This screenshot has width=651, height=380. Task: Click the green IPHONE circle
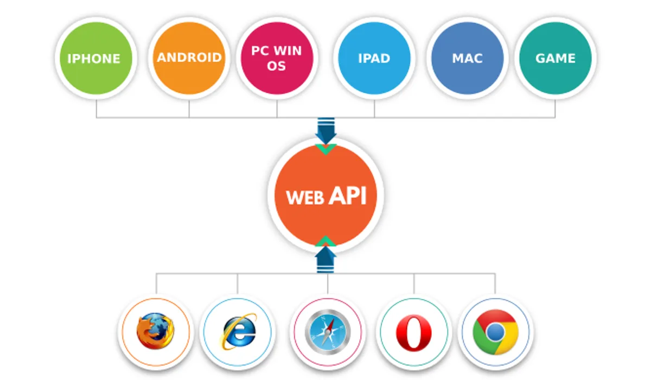(96, 58)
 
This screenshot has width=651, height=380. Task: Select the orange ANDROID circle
(189, 58)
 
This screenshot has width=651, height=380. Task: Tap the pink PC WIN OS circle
(277, 58)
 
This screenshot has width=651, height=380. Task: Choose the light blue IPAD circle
(374, 58)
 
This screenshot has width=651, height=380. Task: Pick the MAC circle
(467, 58)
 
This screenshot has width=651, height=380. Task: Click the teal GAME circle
(556, 58)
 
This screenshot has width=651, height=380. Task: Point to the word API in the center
(348, 195)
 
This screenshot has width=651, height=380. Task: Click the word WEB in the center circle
(305, 198)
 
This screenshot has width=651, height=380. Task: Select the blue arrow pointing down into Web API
(326, 131)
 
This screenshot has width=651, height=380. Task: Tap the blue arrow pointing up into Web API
(325, 259)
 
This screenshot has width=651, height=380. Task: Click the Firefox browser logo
(156, 331)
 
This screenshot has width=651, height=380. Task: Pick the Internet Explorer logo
(238, 332)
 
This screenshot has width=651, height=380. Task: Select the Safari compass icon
(328, 332)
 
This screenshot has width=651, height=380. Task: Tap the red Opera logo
(413, 333)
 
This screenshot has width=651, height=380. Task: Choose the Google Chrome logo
(495, 332)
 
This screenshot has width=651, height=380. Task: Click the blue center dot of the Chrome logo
(495, 332)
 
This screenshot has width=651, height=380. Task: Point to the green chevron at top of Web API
(326, 149)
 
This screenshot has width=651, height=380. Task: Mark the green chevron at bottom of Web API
(325, 242)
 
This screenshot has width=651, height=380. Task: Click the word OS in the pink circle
(276, 66)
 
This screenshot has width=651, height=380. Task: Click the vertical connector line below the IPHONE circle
(97, 109)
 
